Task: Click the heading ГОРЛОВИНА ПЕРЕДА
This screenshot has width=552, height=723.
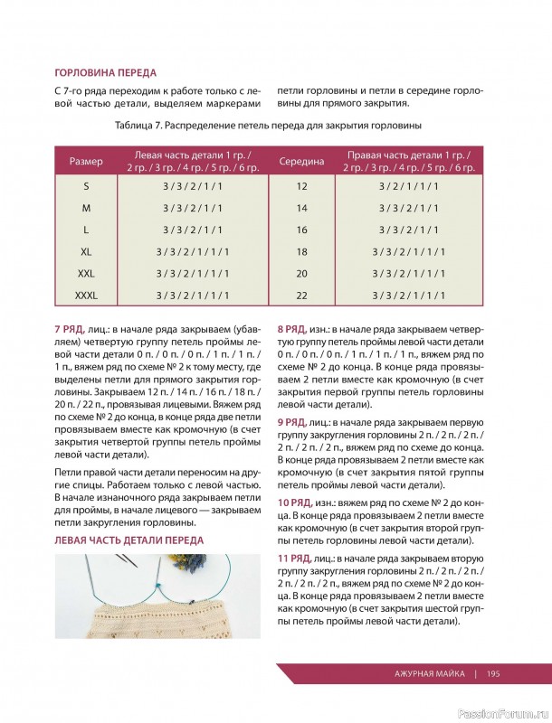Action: (x=106, y=72)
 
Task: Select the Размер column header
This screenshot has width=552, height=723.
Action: (x=86, y=161)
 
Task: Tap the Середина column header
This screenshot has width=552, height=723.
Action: (x=302, y=161)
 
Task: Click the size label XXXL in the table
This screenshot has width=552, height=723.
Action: (x=86, y=296)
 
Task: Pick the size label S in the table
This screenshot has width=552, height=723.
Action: (x=86, y=186)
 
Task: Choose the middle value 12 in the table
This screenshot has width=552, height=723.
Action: (x=302, y=186)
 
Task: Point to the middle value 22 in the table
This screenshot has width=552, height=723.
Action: (x=302, y=296)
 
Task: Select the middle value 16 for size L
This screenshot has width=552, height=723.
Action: (x=302, y=230)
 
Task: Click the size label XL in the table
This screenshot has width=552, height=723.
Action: (x=86, y=252)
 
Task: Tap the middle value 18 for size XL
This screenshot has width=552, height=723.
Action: (x=302, y=252)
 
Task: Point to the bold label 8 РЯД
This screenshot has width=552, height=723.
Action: (x=296, y=330)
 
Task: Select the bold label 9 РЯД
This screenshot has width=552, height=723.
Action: (x=296, y=421)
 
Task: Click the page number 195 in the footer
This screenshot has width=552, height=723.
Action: (x=494, y=673)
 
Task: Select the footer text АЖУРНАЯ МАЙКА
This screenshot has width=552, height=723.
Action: (x=430, y=673)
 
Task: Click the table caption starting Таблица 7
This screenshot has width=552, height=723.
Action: (x=270, y=125)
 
